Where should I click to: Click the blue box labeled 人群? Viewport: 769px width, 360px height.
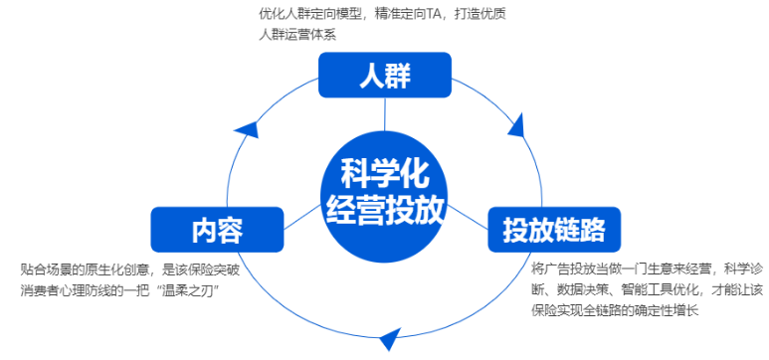coord(385,76)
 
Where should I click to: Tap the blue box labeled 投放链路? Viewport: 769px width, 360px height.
coord(554,229)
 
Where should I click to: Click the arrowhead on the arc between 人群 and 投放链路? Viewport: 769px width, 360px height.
coord(515,125)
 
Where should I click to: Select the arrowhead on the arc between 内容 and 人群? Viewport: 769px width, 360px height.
coord(249,127)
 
